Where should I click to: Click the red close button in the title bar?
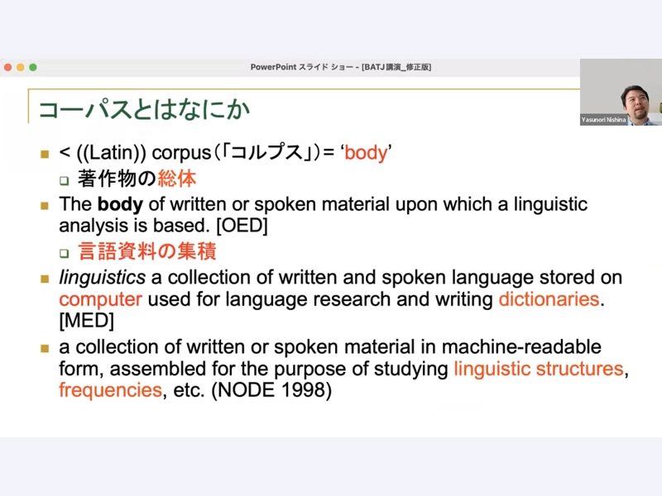coord(8,68)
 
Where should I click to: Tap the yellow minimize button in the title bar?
coord(20,68)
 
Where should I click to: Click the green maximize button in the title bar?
coord(33,68)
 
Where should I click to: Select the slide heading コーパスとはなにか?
coord(144,109)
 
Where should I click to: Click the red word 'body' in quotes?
coord(366,153)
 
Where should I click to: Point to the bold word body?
coord(120,204)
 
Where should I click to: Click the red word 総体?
coord(177,179)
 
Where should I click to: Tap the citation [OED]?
coord(242,226)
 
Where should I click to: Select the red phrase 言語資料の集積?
coord(147,251)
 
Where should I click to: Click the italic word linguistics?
coord(102,278)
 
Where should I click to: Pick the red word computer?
coord(100,299)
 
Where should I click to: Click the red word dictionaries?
coord(549,299)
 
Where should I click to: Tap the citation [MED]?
coord(87,321)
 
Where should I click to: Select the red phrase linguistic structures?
coord(539,369)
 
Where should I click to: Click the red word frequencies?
coord(111,390)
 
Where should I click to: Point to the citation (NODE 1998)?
coord(271,390)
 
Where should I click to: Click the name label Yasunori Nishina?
coord(603,120)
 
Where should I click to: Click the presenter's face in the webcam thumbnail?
coord(636,103)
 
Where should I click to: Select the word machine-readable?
coord(521,347)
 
